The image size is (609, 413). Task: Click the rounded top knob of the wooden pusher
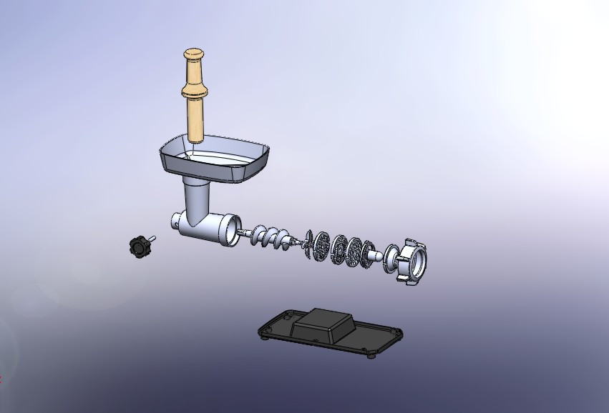194,54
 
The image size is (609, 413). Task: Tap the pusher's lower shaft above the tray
195,121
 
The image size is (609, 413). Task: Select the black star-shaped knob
139,247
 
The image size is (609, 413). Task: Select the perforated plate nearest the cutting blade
321,246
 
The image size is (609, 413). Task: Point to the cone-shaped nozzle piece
371,254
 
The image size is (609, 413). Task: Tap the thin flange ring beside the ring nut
391,258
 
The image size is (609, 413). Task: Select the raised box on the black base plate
323,324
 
